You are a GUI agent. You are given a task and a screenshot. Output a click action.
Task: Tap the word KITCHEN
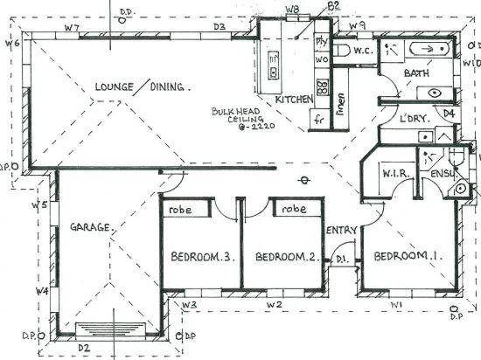[x=294, y=100]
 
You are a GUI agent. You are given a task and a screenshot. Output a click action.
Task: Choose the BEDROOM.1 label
[x=405, y=256]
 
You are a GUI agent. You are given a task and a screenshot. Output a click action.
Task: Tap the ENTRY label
[x=341, y=231]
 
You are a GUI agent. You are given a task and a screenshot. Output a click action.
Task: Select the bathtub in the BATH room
[x=430, y=50]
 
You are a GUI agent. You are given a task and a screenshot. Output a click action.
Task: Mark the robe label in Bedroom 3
[x=181, y=210]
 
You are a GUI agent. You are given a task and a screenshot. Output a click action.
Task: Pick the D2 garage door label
[x=85, y=347]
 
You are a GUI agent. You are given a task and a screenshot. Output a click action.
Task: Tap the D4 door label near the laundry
[x=449, y=114]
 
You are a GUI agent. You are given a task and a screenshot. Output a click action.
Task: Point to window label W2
[x=275, y=304]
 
